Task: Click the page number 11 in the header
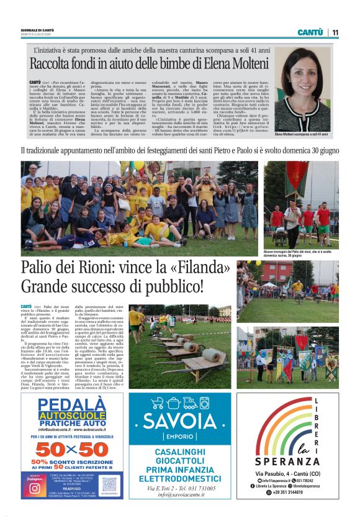[x=335, y=32]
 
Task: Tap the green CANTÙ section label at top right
[x=310, y=32]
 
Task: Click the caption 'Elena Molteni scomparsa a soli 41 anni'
[x=302, y=134]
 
